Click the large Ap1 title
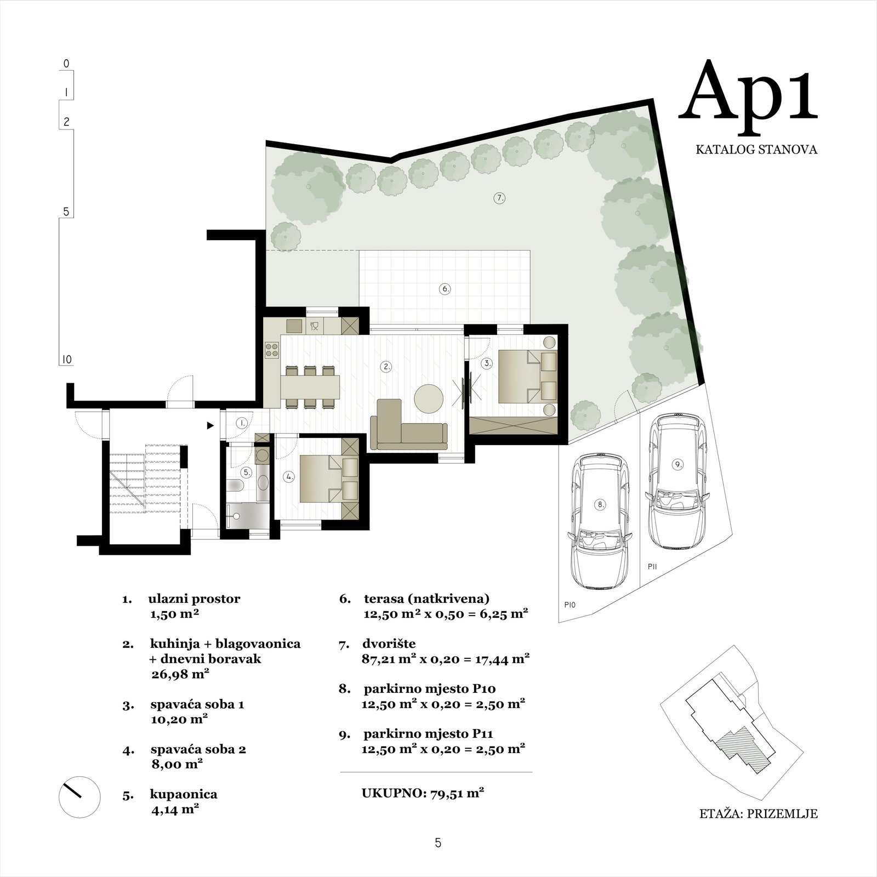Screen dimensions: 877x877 748,92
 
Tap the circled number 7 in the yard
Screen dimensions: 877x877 499,198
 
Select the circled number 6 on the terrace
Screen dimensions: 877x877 445,288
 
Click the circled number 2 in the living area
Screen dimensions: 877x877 386,367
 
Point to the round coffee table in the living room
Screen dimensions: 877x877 429,398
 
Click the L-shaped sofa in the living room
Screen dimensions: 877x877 409,425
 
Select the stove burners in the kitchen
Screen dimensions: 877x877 272,350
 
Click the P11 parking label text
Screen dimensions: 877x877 652,567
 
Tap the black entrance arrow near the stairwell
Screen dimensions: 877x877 210,425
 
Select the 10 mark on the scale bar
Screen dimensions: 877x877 66,360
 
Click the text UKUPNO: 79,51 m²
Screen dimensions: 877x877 423,793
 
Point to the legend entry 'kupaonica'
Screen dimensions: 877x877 183,794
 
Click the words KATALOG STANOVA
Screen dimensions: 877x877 756,149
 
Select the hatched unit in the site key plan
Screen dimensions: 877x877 743,749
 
